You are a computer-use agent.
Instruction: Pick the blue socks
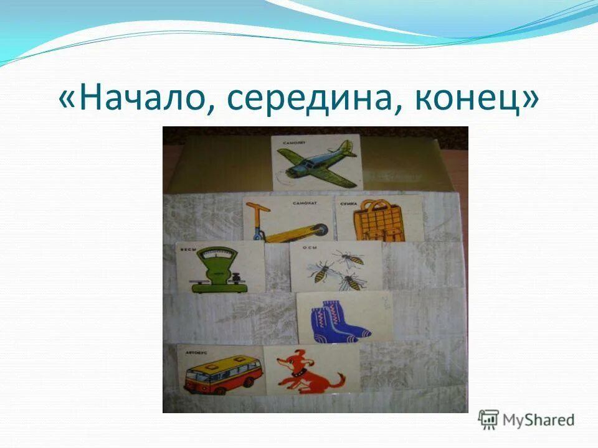[339, 322]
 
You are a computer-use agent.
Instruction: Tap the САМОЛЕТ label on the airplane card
[293, 142]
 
